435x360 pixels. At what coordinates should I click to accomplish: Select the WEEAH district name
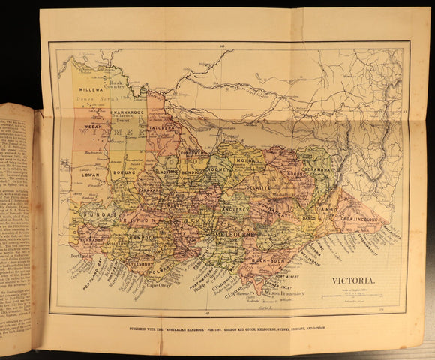(x=94, y=127)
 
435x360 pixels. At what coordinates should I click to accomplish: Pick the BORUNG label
(x=126, y=172)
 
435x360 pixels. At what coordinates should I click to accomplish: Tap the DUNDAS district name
(x=97, y=214)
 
